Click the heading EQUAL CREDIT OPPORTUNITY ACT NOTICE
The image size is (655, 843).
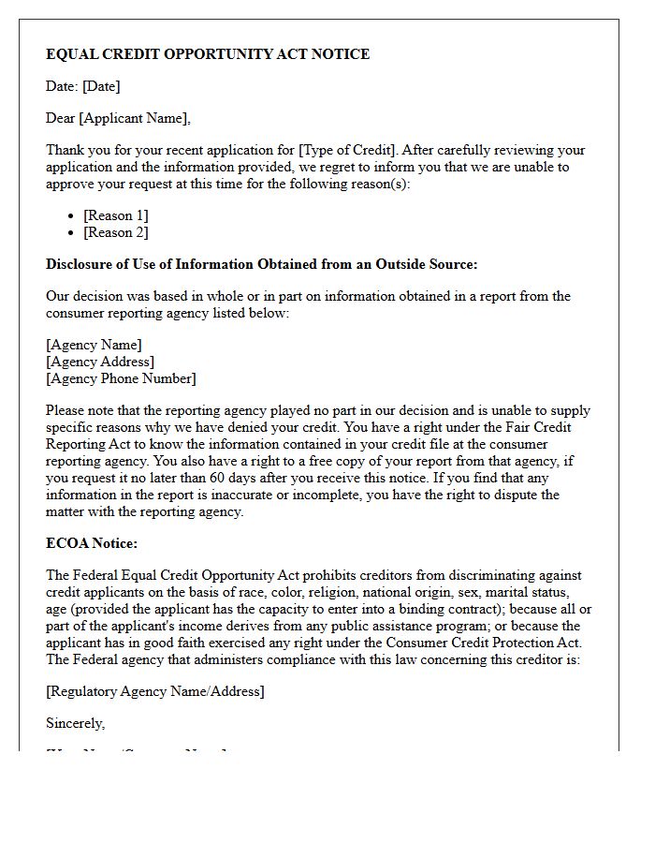208,54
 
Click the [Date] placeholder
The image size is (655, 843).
101,86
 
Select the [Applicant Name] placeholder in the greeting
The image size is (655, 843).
135,118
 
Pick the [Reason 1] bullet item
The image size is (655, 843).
116,215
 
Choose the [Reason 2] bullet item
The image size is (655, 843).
116,232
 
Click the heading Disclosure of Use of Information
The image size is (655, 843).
262,264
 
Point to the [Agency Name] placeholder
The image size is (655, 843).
94,345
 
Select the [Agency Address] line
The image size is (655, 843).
100,362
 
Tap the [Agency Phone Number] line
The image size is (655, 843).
121,378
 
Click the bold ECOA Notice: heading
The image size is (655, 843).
92,543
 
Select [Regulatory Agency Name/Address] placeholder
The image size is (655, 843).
155,691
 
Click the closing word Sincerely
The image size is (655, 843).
75,723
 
